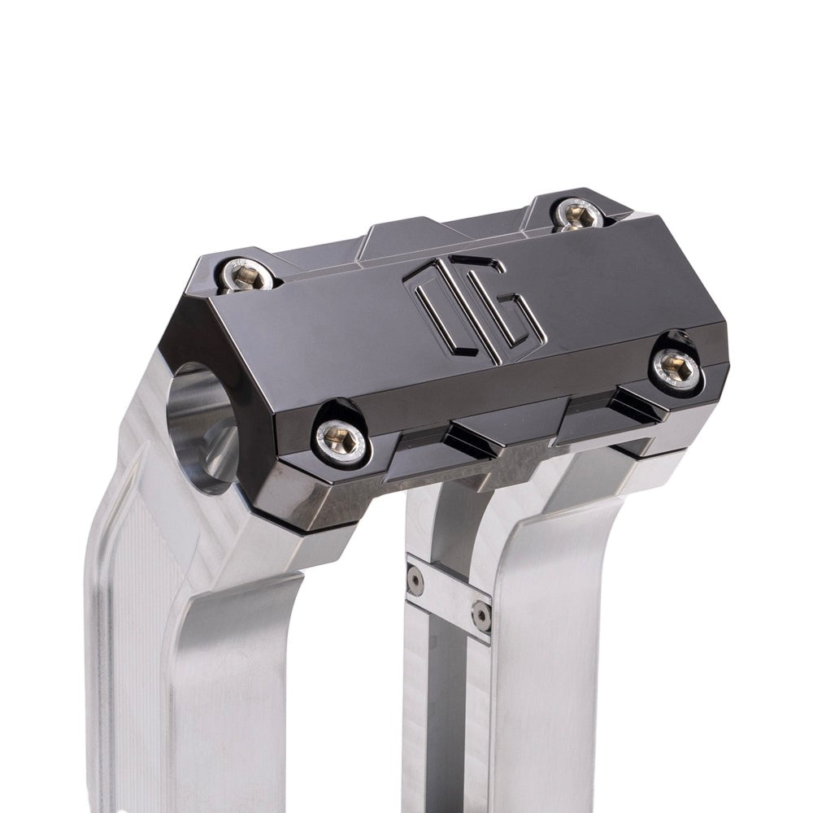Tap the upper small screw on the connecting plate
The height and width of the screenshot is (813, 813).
coord(415,580)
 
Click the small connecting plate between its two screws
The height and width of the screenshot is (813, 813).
coord(449,598)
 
